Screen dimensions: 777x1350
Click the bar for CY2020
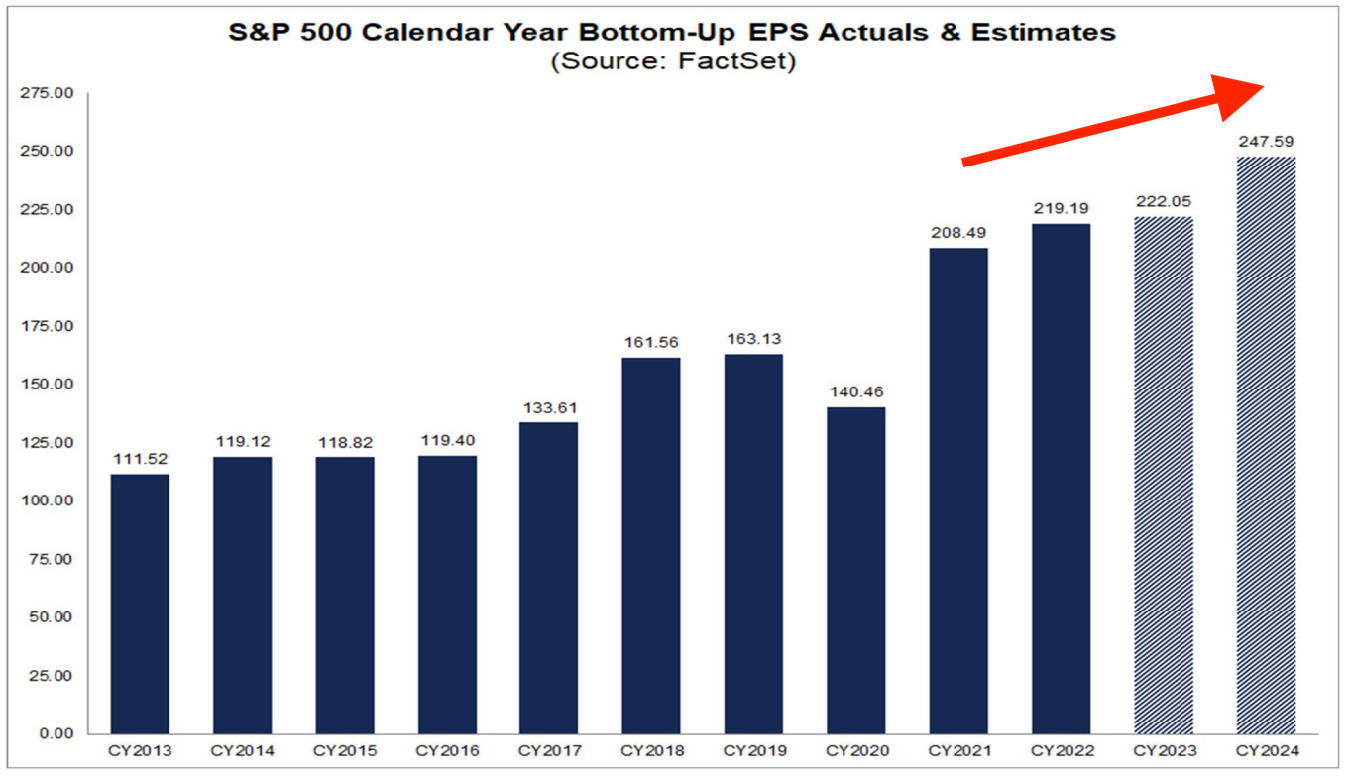coord(855,570)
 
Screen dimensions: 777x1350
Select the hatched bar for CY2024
coord(1266,445)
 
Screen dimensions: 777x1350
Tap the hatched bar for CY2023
coord(1164,475)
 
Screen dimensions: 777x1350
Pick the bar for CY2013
coord(139,604)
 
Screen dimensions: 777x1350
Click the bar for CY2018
coord(651,545)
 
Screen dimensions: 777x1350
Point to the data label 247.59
coord(1266,142)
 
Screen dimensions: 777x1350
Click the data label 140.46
coord(855,391)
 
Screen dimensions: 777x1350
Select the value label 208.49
coord(958,233)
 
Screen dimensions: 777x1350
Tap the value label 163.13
coord(753,339)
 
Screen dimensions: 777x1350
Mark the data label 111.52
coord(139,459)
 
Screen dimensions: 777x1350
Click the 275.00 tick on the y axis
coord(47,93)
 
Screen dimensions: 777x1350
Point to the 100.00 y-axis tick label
coord(47,500)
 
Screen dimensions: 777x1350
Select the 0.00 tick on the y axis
coord(56,733)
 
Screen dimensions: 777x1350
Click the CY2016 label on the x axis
coord(446,751)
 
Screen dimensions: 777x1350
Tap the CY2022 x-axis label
coord(1061,751)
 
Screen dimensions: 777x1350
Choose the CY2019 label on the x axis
coord(753,751)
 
